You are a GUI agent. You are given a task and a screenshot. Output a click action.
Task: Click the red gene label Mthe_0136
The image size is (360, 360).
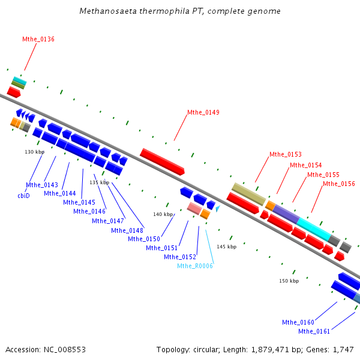[38, 39]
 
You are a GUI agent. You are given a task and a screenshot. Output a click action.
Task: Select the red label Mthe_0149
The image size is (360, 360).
[203, 113]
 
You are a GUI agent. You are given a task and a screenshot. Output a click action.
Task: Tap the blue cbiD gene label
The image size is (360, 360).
[23, 196]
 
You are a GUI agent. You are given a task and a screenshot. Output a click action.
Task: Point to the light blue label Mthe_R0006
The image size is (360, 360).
[195, 266]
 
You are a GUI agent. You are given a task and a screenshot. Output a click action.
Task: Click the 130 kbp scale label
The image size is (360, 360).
[35, 152]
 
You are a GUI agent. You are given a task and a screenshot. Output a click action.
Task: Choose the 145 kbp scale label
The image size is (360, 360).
[227, 247]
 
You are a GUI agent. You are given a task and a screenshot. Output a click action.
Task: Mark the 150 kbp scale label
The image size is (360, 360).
[289, 281]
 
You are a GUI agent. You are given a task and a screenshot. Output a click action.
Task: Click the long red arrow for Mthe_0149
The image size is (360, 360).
[163, 162]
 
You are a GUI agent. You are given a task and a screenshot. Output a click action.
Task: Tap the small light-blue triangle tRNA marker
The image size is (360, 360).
[218, 208]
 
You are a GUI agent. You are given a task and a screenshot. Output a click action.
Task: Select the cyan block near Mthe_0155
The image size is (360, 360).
[314, 229]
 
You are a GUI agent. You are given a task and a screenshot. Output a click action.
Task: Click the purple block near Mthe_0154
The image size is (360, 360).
[286, 214]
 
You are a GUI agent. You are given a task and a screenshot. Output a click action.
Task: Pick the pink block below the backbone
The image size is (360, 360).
[194, 208]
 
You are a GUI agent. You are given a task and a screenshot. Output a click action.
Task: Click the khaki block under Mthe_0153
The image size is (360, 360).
[248, 194]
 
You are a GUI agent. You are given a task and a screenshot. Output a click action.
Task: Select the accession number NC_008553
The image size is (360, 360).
[65, 350]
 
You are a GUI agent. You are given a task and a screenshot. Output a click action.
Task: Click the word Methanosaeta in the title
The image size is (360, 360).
[108, 11]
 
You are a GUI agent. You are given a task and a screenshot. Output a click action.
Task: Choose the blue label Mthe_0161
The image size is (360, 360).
[314, 332]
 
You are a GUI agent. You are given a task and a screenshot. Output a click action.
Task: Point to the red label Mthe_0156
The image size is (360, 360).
[339, 184]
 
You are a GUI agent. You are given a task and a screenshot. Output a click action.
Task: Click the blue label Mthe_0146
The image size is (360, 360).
[89, 211]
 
